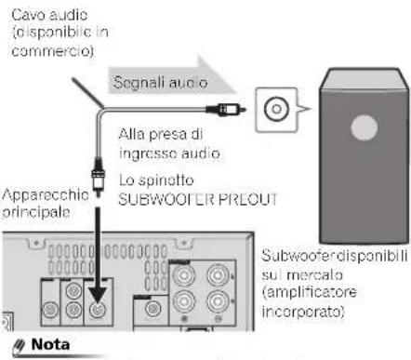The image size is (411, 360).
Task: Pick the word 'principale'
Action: pyautogui.click(x=33, y=212)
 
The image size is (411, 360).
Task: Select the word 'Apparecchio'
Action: pyautogui.click(x=39, y=197)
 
